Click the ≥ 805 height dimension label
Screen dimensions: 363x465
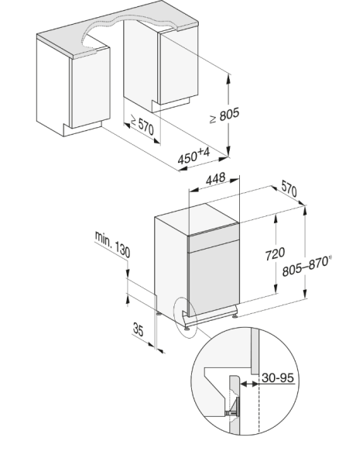[224, 115]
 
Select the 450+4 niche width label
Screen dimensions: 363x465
[194, 156]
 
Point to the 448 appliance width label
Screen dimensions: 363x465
[215, 178]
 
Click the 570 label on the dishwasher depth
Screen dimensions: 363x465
[289, 188]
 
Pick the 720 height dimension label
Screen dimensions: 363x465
[275, 253]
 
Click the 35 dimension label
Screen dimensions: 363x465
[139, 329]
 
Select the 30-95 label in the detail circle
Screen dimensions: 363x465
[278, 377]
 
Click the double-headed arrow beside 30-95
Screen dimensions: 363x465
[249, 384]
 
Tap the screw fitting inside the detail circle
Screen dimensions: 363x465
[233, 407]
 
